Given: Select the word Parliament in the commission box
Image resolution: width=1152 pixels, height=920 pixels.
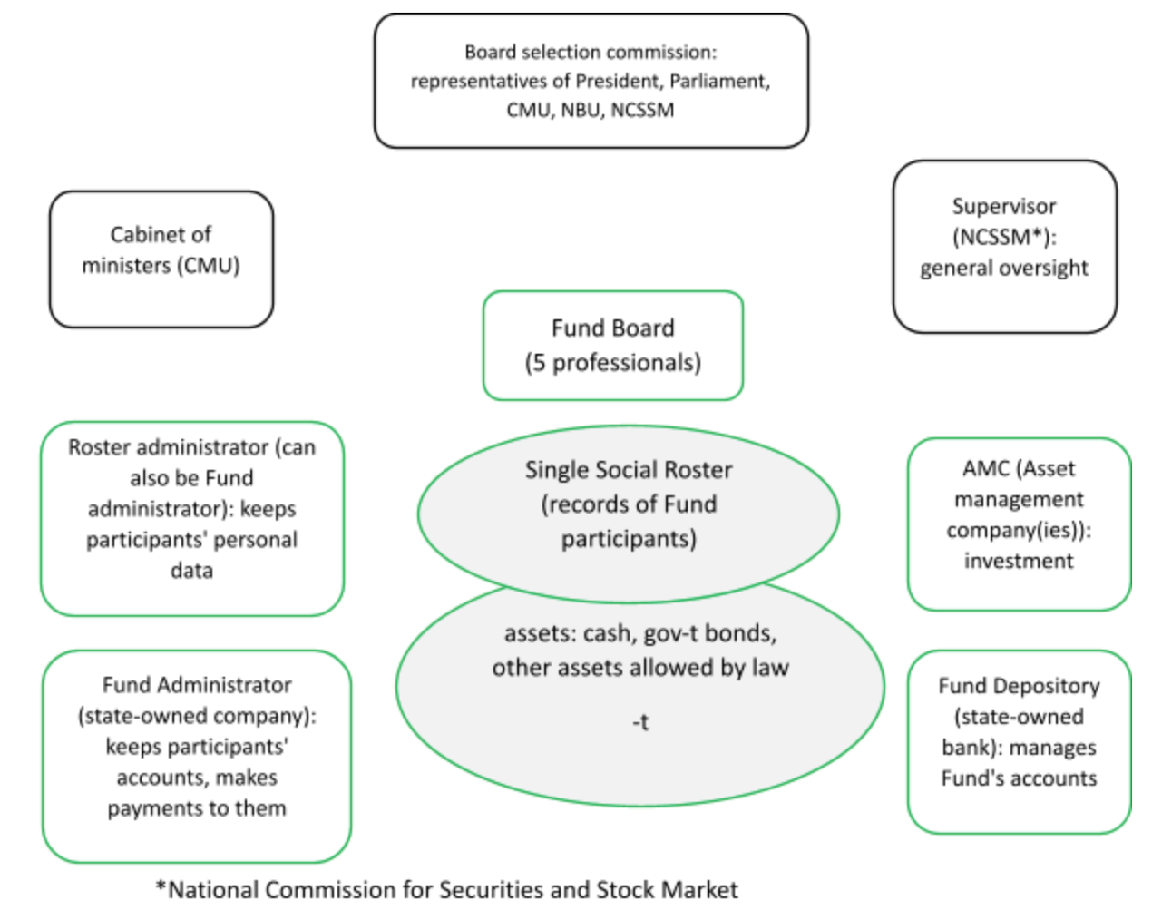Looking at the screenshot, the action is click(x=719, y=81).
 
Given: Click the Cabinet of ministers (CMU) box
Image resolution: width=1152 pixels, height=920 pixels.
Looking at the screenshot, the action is click(x=161, y=259).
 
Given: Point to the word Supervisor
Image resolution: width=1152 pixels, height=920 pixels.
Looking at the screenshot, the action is click(x=1004, y=207).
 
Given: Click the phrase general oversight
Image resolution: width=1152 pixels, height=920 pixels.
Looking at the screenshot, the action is click(x=1004, y=268).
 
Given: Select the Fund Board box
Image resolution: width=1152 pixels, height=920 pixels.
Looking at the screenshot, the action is click(x=613, y=346).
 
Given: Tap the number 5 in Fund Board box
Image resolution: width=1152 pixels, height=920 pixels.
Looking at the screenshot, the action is click(x=540, y=363).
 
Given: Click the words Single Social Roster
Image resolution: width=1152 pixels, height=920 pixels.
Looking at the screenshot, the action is click(x=629, y=470).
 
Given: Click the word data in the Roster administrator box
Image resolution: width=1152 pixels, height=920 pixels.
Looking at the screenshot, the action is click(x=191, y=571).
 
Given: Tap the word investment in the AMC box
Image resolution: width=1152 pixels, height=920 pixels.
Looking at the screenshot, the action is click(x=1019, y=561).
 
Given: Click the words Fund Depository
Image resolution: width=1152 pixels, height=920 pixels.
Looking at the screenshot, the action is click(x=1019, y=686).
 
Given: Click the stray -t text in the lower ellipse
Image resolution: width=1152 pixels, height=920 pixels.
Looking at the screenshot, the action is click(x=640, y=722).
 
